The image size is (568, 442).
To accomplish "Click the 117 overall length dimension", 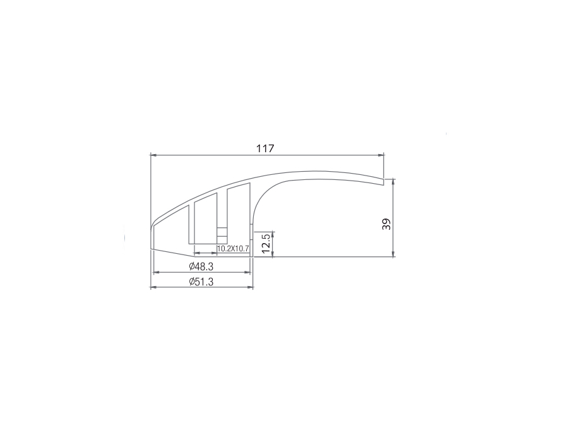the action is pyautogui.click(x=266, y=148).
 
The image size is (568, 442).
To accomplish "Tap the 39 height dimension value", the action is pyautogui.click(x=387, y=224).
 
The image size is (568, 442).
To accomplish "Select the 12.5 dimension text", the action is pyautogui.click(x=266, y=244).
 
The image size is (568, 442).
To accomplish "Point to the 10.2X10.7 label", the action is pyautogui.click(x=232, y=249).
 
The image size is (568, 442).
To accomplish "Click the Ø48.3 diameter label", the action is pyautogui.click(x=201, y=266).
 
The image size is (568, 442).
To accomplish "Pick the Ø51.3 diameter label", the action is pyautogui.click(x=201, y=282).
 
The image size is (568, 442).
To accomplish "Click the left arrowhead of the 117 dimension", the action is pyautogui.click(x=153, y=155).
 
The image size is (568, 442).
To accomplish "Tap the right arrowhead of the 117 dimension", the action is pyautogui.click(x=381, y=155).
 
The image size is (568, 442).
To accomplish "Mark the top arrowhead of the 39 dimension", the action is pyautogui.click(x=394, y=182).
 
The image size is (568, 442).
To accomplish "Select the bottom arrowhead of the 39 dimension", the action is pyautogui.click(x=394, y=254).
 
